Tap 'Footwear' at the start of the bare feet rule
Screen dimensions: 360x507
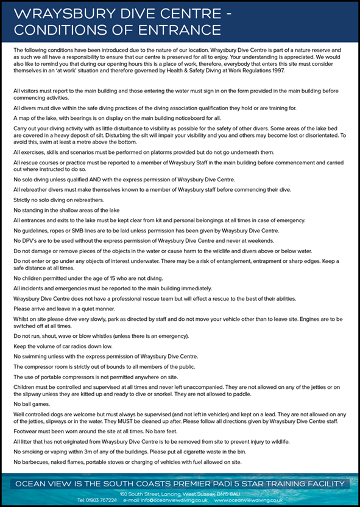click(26, 430)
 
